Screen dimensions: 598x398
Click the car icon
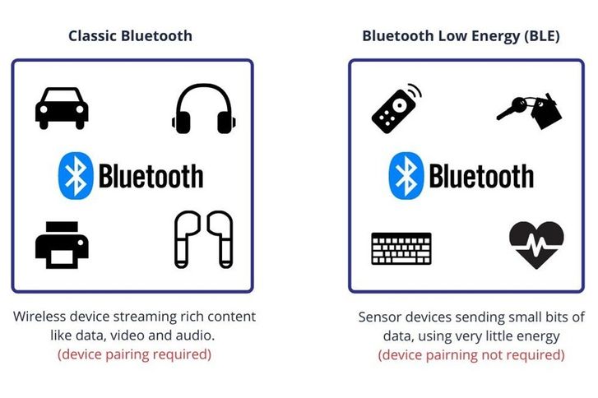[x=62, y=109]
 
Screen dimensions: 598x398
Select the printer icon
[x=62, y=245]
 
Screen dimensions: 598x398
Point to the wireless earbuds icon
[x=204, y=239]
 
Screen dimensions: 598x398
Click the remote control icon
[x=396, y=109]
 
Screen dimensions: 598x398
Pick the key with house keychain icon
[x=530, y=111]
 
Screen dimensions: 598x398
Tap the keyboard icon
[x=401, y=248]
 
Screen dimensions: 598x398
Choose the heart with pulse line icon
[x=536, y=245]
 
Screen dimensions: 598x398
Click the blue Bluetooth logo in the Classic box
[x=76, y=176]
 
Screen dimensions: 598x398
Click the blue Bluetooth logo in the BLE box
[x=406, y=176]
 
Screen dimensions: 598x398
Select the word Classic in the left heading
[x=93, y=36]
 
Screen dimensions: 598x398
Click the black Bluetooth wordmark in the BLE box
[x=482, y=176]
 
